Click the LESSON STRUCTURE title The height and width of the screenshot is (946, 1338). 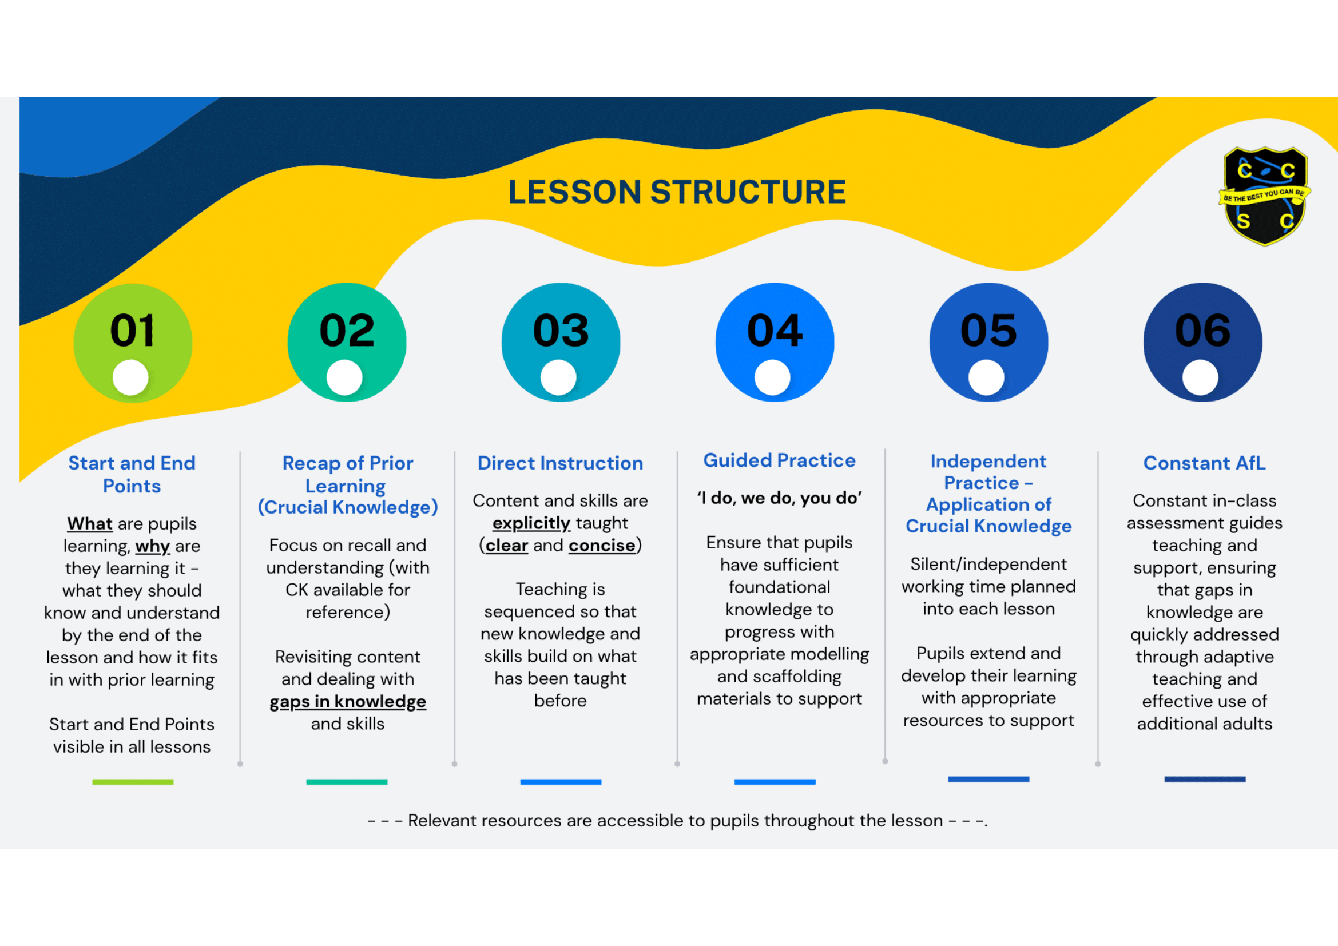click(x=677, y=192)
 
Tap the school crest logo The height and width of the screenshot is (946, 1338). click(x=1264, y=196)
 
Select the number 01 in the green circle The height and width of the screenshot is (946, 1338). click(x=133, y=330)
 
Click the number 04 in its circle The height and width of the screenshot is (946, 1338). click(x=775, y=330)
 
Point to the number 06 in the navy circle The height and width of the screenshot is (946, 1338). click(x=1203, y=330)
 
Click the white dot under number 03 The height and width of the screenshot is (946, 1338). click(x=558, y=377)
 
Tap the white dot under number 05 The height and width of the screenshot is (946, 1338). click(x=986, y=377)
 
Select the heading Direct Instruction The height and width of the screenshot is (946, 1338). click(x=560, y=463)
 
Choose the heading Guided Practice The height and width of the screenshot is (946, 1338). click(x=779, y=461)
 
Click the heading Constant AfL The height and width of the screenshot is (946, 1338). click(x=1204, y=463)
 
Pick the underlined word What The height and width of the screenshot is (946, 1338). click(x=90, y=524)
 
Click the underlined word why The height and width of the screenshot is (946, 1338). click(x=153, y=546)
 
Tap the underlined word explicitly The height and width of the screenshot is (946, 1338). click(x=531, y=523)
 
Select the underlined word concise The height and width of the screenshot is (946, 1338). click(x=602, y=546)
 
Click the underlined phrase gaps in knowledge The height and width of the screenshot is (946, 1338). click(x=348, y=701)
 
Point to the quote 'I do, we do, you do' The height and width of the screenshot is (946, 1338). click(x=779, y=498)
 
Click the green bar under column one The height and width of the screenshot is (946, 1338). click(x=133, y=782)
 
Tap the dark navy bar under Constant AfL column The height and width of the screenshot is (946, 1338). click(x=1205, y=780)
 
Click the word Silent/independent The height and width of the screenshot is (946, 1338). click(x=988, y=564)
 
